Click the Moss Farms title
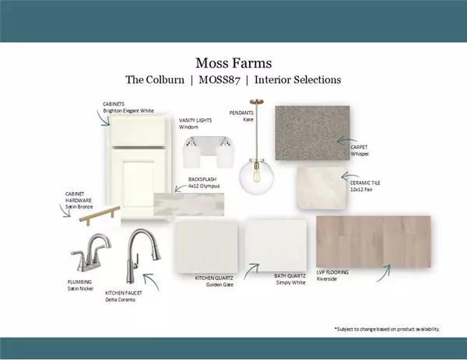click(233, 63)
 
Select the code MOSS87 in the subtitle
click(219, 80)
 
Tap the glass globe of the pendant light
click(256, 177)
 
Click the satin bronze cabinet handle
click(100, 215)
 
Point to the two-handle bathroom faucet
click(90, 253)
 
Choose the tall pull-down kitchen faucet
click(142, 256)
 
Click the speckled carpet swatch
click(312, 133)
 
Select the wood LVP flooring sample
click(374, 242)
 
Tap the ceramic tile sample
click(321, 188)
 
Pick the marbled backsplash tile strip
click(189, 204)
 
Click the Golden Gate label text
click(219, 285)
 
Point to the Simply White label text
click(290, 283)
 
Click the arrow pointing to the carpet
click(346, 139)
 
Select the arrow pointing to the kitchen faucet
click(151, 281)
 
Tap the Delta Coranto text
click(121, 299)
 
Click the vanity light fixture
click(208, 152)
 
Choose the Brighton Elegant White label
click(128, 110)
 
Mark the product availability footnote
click(387, 329)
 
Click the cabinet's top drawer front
click(138, 131)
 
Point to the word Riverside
click(327, 279)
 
